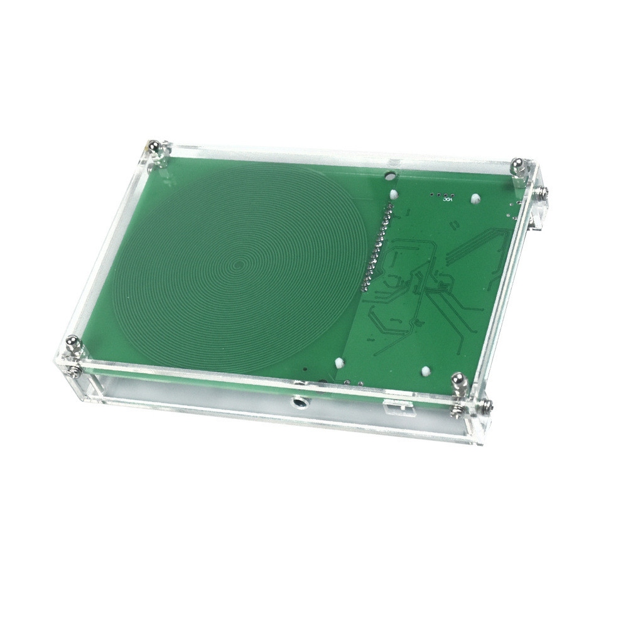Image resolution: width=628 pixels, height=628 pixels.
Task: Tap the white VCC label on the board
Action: coord(448,202)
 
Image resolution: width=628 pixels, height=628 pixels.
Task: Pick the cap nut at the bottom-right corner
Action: coord(458,381)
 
